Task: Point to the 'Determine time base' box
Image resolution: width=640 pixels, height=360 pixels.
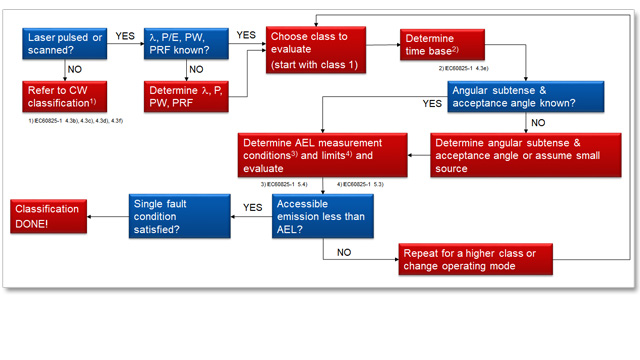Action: pyautogui.click(x=439, y=45)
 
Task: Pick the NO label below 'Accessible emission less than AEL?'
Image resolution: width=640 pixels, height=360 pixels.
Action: pyautogui.click(x=344, y=253)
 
